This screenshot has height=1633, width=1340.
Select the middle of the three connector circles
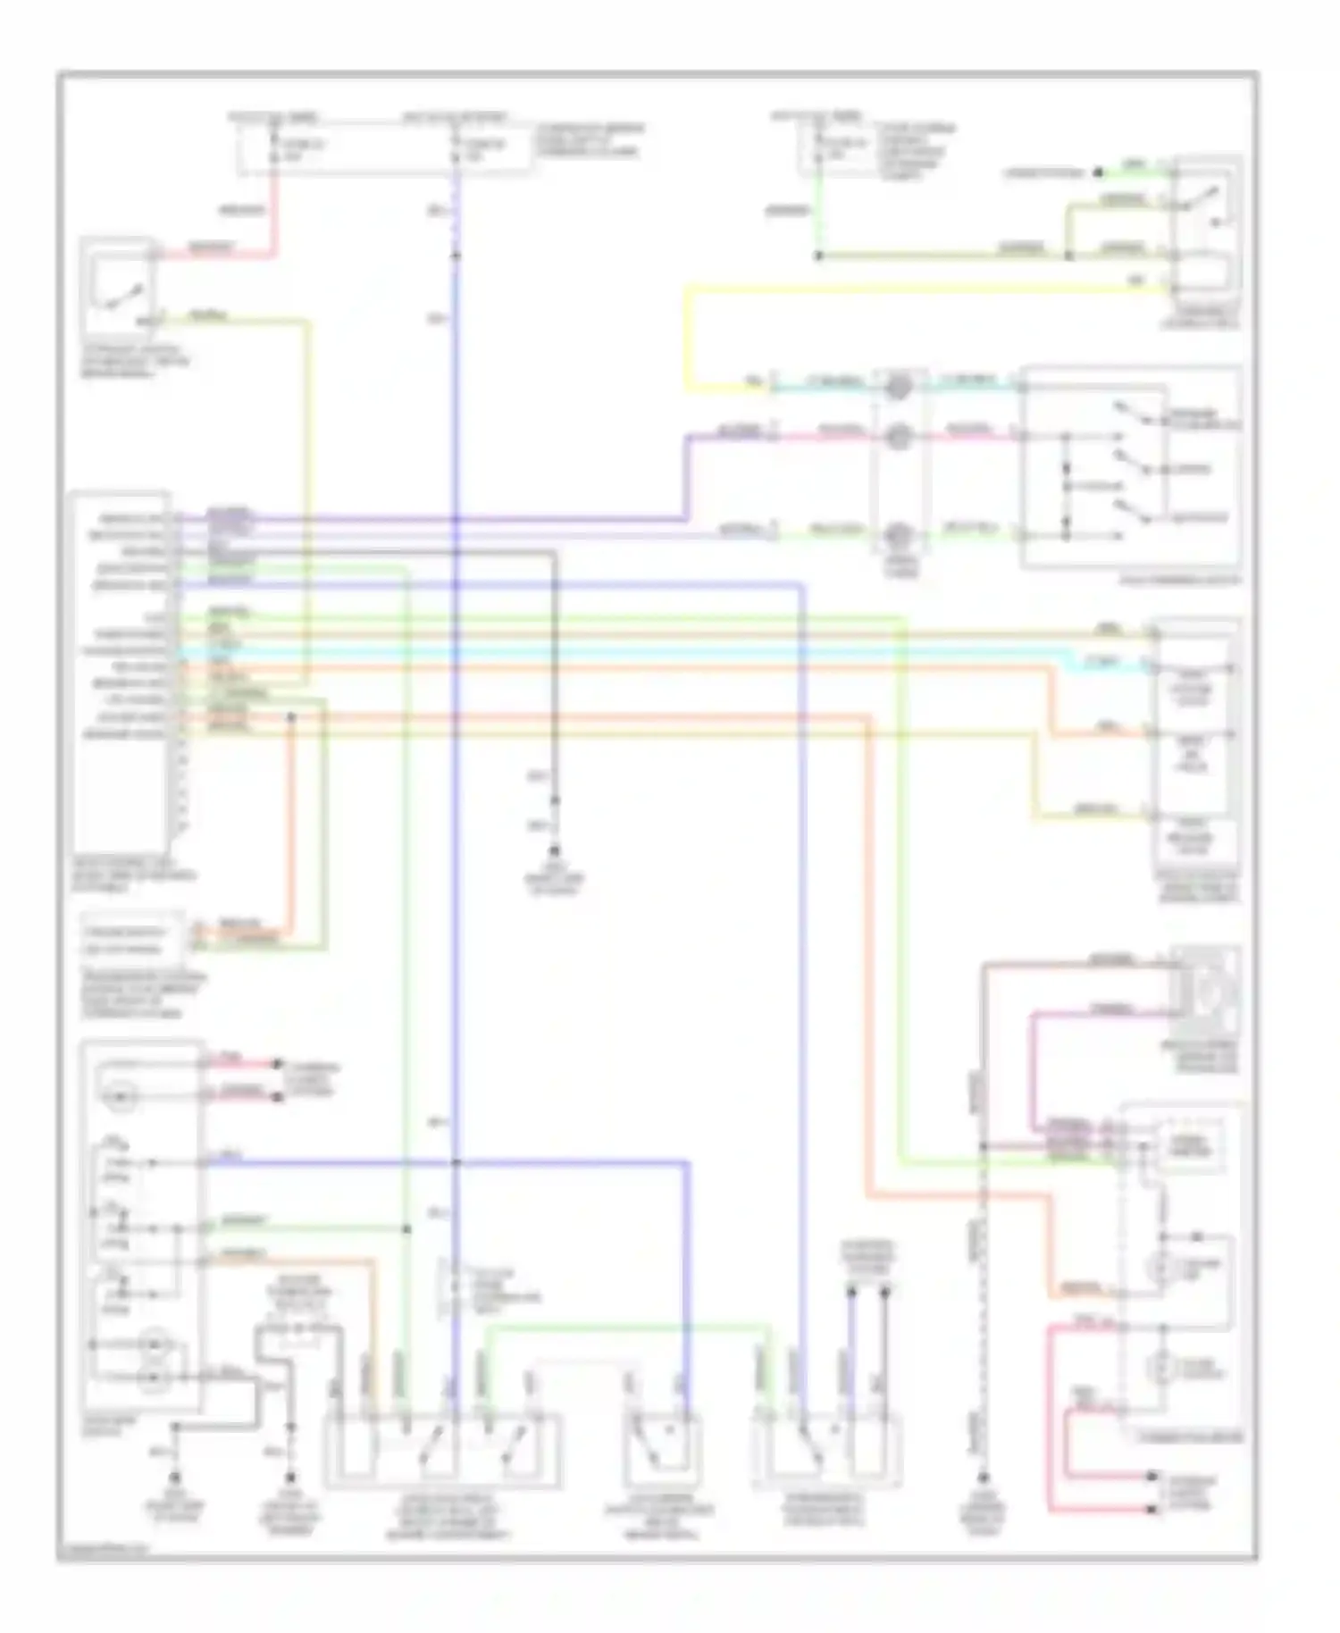pyautogui.click(x=898, y=435)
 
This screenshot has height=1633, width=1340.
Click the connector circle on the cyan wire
pyautogui.click(x=898, y=386)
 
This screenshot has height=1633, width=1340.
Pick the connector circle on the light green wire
pyautogui.click(x=898, y=535)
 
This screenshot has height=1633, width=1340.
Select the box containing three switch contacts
pyautogui.click(x=1130, y=466)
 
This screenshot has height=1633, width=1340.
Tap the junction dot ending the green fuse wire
pyautogui.click(x=818, y=256)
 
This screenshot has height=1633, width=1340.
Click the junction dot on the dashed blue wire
pyautogui.click(x=456, y=256)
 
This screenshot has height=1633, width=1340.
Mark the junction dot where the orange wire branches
pyautogui.click(x=290, y=716)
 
